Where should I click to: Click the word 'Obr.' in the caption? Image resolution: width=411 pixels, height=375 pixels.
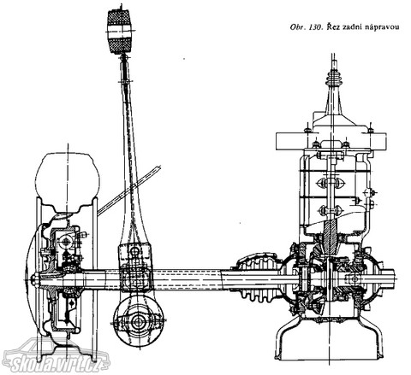(297, 27)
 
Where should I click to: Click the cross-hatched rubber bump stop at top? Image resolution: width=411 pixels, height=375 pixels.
(119, 31)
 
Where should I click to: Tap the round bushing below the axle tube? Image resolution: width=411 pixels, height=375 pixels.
(139, 321)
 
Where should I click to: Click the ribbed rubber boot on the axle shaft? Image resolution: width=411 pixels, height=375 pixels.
(259, 278)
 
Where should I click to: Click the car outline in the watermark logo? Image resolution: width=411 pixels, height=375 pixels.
(57, 354)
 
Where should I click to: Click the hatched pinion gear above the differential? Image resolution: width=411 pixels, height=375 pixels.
(331, 237)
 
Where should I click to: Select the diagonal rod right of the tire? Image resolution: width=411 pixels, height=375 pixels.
(129, 190)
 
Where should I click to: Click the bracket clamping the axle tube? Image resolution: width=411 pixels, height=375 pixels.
(134, 267)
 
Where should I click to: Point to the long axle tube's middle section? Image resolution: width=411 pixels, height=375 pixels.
(187, 278)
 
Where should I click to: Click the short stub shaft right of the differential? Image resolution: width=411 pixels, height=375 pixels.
(387, 278)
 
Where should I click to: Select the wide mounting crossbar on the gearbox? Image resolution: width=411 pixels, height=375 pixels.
(331, 142)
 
